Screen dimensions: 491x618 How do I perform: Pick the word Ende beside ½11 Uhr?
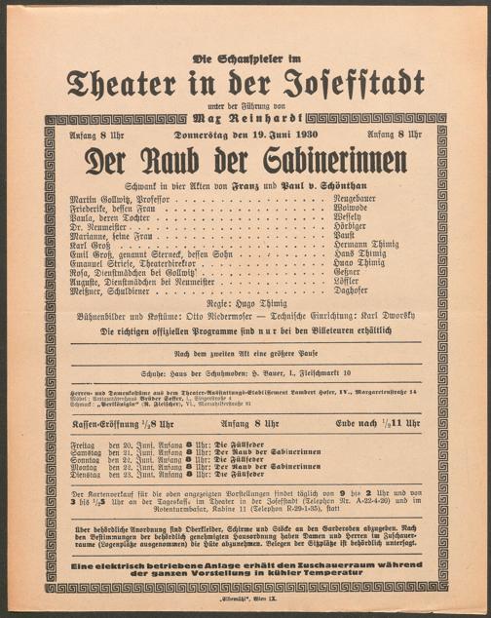coord(367,424)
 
